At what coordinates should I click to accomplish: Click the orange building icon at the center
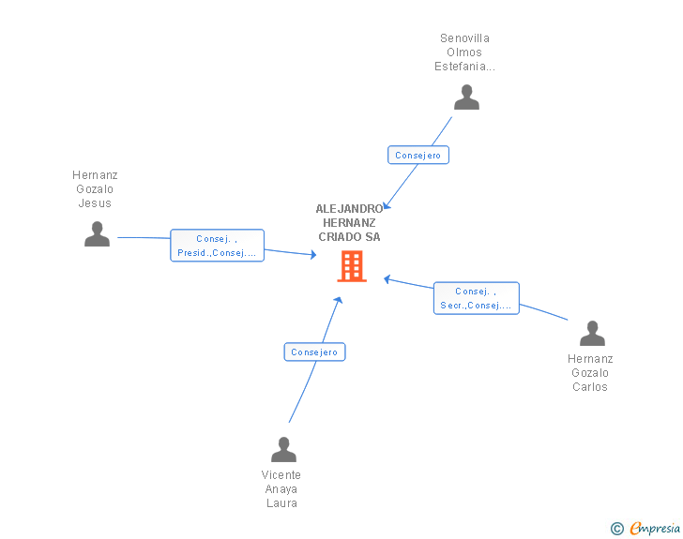click(352, 267)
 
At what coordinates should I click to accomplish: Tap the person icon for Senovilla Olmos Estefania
click(466, 97)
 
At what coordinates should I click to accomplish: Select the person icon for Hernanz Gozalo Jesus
click(97, 234)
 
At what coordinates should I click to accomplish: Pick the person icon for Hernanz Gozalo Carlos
click(592, 334)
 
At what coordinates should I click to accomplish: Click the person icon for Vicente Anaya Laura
click(283, 450)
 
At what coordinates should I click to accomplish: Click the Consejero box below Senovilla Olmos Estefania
click(418, 156)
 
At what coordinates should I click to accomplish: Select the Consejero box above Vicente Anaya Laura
click(314, 352)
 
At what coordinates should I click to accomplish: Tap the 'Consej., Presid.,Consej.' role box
click(217, 246)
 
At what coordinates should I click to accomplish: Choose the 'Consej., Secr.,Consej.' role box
click(477, 298)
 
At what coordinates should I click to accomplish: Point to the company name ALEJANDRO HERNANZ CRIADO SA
click(349, 223)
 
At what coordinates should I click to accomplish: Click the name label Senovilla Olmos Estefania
click(464, 52)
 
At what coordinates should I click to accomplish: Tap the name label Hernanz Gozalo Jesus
click(95, 189)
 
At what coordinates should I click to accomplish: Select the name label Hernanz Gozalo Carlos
click(590, 373)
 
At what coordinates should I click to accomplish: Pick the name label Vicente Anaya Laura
click(281, 489)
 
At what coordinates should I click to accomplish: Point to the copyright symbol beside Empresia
click(617, 529)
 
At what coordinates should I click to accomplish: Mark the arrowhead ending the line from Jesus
click(313, 254)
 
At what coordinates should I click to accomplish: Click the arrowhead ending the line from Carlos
click(387, 278)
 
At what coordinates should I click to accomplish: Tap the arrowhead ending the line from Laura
click(338, 300)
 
